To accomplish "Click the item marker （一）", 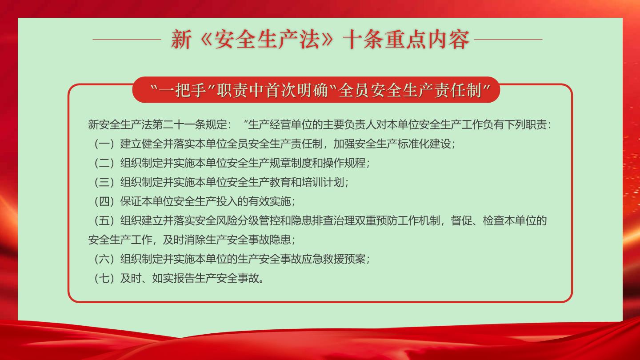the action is point(104,144).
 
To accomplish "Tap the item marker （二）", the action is point(104,163).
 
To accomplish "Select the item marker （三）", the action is point(104,182).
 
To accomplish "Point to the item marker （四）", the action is point(104,201).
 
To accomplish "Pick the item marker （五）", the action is point(104,220).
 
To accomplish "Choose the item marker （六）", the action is point(104,259).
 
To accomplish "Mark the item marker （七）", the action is point(104,278).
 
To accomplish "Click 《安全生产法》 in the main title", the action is point(267,39).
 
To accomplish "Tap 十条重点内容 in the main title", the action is point(406,39).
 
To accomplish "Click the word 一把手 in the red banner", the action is point(183,90).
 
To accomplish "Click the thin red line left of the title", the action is point(127,39).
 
